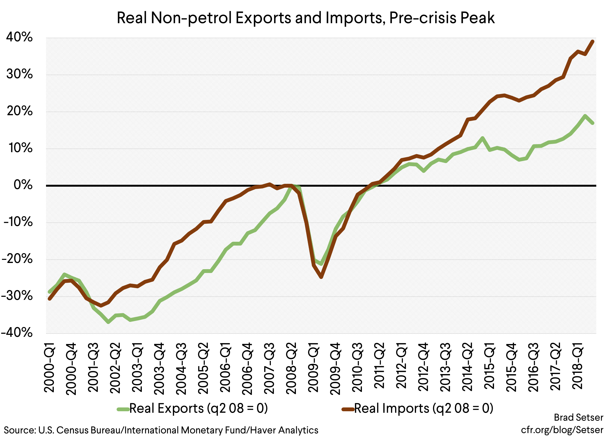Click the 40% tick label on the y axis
pyautogui.click(x=19, y=37)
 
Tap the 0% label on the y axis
pyautogui.click(x=23, y=185)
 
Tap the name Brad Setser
pyautogui.click(x=578, y=417)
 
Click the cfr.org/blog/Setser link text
pyautogui.click(x=562, y=430)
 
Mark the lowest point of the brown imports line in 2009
pyautogui.click(x=321, y=277)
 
